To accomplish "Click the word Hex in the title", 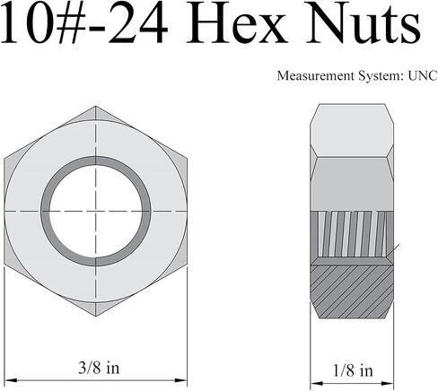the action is coord(236,22).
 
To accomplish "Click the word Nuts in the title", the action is coord(363,22).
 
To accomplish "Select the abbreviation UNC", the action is coord(423,75).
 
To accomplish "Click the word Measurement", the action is coord(316,75).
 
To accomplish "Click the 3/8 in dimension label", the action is coord(99,368).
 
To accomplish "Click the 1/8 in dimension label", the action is coord(353,370).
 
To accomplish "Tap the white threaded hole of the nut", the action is coord(96,211).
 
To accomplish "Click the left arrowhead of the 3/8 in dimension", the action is coord(10,380).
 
